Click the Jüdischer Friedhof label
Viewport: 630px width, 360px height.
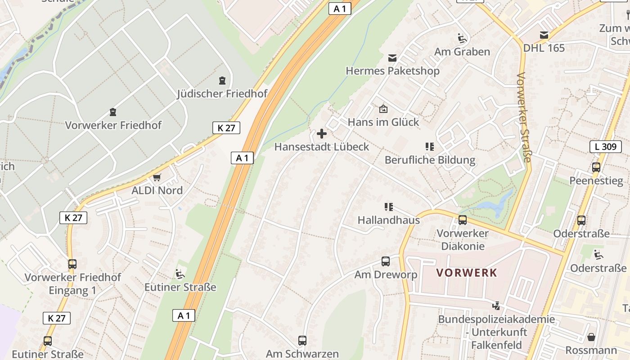tap(222, 94)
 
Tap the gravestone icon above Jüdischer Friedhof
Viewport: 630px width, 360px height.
tap(222, 81)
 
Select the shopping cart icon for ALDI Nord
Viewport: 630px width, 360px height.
tap(157, 177)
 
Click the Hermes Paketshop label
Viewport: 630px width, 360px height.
tap(392, 71)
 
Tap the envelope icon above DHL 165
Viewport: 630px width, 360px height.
tap(544, 35)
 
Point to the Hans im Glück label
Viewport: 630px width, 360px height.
tap(383, 122)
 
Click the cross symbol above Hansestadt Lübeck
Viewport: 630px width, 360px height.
tap(322, 134)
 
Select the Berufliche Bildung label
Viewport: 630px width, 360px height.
tap(430, 160)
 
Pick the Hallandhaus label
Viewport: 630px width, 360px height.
tap(388, 220)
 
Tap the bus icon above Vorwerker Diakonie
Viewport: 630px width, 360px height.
tap(463, 220)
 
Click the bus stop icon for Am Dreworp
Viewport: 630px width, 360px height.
tap(386, 261)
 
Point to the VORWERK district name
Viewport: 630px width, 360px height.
tap(467, 273)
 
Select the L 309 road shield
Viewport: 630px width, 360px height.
tap(605, 146)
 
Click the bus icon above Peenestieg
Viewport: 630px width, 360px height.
tap(596, 167)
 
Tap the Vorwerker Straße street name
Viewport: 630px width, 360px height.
tap(525, 117)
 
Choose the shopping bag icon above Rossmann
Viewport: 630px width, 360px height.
tap(591, 337)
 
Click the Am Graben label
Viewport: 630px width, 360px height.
tap(462, 52)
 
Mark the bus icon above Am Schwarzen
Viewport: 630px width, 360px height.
tap(302, 341)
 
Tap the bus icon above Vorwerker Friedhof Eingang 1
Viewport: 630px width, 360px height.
tap(72, 264)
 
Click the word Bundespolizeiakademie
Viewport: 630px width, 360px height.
tap(496, 319)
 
